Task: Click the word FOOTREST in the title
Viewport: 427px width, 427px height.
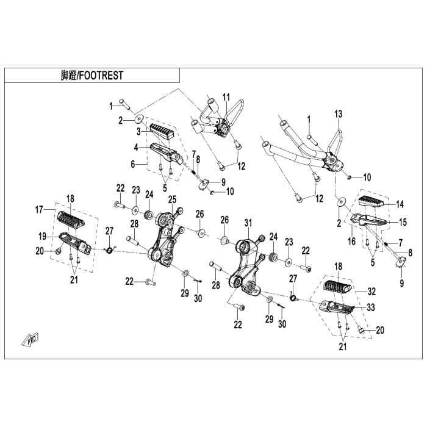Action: [101, 76]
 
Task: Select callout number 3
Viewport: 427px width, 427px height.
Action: [138, 131]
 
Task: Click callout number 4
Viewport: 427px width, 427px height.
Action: [137, 147]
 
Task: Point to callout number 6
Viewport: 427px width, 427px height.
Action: [132, 163]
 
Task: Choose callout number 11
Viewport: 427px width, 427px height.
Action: [226, 97]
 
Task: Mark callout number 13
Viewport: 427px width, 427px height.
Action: [339, 114]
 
